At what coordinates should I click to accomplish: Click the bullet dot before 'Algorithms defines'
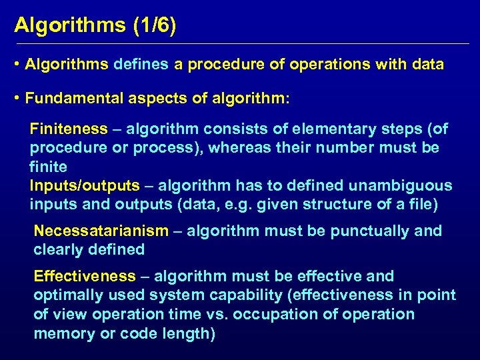17,65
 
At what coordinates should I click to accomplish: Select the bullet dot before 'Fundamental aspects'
17,99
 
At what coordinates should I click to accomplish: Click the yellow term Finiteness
69,129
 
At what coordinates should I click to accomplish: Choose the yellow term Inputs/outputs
85,185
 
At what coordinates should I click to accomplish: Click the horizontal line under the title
240,44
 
